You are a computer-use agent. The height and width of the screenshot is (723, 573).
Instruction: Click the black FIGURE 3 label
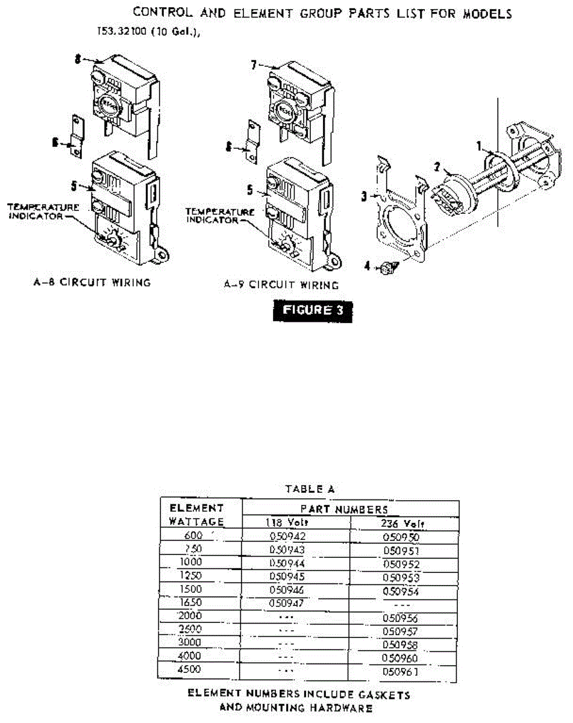(313, 311)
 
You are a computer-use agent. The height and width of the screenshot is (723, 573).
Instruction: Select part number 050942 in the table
(287, 536)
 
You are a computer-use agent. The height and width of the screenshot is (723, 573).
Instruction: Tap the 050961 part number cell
(400, 671)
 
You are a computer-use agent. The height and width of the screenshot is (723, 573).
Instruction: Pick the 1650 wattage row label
(190, 602)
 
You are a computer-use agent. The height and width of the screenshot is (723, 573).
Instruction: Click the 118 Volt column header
(288, 522)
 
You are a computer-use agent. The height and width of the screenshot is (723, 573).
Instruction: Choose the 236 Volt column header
(401, 523)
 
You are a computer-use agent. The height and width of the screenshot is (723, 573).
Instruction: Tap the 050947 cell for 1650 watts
(287, 602)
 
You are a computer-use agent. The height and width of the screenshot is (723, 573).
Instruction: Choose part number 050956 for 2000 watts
(400, 618)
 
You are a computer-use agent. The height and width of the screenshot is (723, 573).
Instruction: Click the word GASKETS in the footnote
(382, 695)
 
